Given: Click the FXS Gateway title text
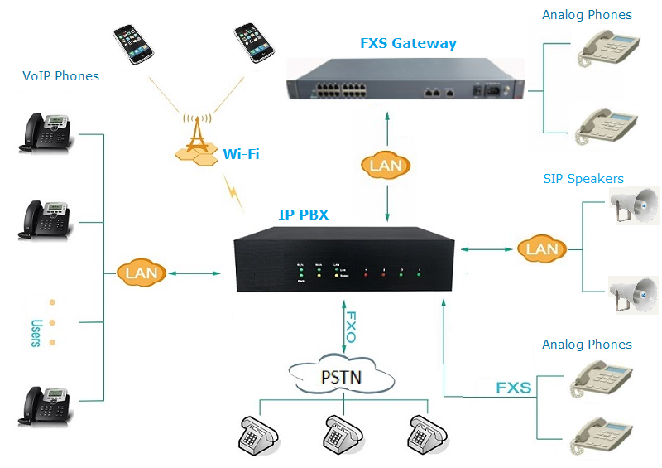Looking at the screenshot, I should coord(408,43).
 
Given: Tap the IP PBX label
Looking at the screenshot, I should coord(303,215).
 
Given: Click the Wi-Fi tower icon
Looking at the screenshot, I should coord(195,141).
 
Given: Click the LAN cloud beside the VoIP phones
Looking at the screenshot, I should coord(142,272).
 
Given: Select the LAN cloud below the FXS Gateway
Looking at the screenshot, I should coord(386,165).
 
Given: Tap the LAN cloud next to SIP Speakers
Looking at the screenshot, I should coord(542,248).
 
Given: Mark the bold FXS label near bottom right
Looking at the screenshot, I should coord(513,387).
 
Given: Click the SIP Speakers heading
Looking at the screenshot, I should coord(583,178).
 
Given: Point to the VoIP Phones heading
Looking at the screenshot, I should coord(60,76).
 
